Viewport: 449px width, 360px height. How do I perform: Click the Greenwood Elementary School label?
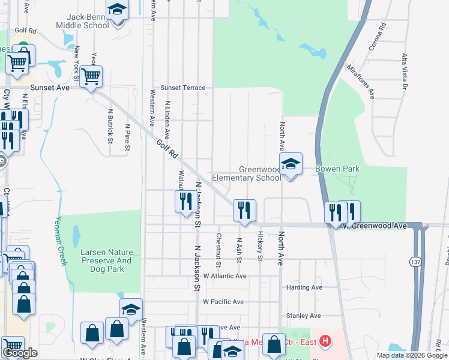[x=260, y=173]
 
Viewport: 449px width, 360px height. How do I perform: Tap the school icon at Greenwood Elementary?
[x=291, y=164]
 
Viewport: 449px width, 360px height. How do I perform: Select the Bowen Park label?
[x=338, y=169]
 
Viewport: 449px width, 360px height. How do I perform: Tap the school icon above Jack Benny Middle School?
[x=117, y=10]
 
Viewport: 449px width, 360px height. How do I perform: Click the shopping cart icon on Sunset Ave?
[x=91, y=76]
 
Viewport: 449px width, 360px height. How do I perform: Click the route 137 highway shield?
[x=415, y=262]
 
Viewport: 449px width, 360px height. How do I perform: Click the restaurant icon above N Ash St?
[x=244, y=209]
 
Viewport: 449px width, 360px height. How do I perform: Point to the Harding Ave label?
[x=304, y=287]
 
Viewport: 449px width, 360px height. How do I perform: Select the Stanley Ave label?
[x=304, y=316]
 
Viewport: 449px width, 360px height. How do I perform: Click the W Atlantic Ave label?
[x=224, y=276]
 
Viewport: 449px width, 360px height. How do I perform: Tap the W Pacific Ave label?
[x=223, y=302]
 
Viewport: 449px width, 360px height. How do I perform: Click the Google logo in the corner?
[x=20, y=353]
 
